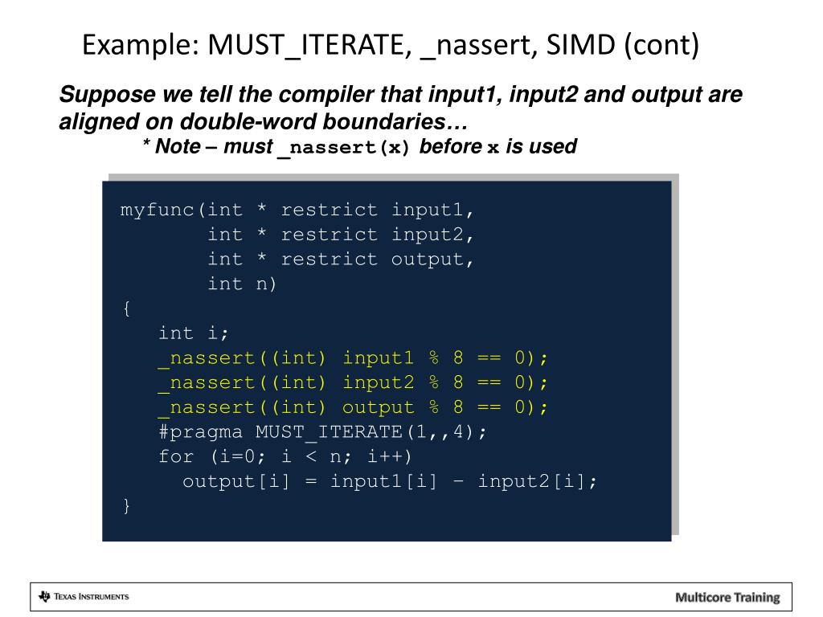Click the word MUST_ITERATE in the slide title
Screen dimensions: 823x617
(x=306, y=45)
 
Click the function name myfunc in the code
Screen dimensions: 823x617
(x=158, y=210)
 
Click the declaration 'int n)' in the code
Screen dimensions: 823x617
(x=241, y=284)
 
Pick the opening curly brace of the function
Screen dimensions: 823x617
(x=125, y=308)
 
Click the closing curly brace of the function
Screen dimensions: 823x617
(x=125, y=506)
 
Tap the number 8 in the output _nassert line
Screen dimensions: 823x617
(x=458, y=407)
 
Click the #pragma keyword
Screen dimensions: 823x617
(x=200, y=432)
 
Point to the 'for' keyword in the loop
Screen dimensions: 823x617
(x=176, y=457)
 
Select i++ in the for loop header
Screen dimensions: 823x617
(x=388, y=457)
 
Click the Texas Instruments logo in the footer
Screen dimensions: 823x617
(x=84, y=597)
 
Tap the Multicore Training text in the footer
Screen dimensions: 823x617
(x=727, y=597)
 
